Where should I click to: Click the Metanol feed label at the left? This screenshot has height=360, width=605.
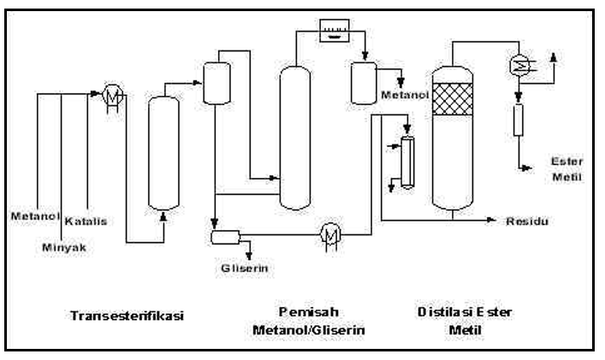(x=35, y=215)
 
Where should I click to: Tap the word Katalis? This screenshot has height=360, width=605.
(x=86, y=221)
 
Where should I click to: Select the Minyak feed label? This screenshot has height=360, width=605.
(x=64, y=247)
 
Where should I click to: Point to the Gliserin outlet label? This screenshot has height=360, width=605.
(x=244, y=268)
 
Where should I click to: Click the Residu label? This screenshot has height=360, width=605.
(x=527, y=221)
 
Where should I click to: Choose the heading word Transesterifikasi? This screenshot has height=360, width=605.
(x=127, y=316)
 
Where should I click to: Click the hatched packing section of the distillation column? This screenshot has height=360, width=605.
(x=452, y=99)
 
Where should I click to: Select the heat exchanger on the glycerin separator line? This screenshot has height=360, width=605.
(x=330, y=235)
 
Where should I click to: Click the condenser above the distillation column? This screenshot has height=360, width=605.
(x=519, y=64)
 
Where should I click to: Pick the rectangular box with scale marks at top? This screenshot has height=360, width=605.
(x=335, y=31)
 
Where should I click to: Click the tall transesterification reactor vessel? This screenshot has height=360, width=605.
(x=163, y=153)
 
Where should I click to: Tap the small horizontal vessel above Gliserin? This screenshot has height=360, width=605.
(x=225, y=238)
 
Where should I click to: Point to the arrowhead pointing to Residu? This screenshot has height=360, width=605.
(x=491, y=220)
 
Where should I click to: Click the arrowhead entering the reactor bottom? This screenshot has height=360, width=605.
(x=163, y=217)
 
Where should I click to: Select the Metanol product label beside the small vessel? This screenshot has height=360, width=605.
(x=405, y=95)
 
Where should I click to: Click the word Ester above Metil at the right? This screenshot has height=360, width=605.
(x=566, y=161)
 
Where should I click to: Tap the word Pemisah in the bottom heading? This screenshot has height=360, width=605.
(x=309, y=312)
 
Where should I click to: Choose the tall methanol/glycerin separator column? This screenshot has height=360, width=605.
(x=294, y=138)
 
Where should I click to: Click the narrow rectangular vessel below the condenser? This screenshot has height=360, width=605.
(x=519, y=120)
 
